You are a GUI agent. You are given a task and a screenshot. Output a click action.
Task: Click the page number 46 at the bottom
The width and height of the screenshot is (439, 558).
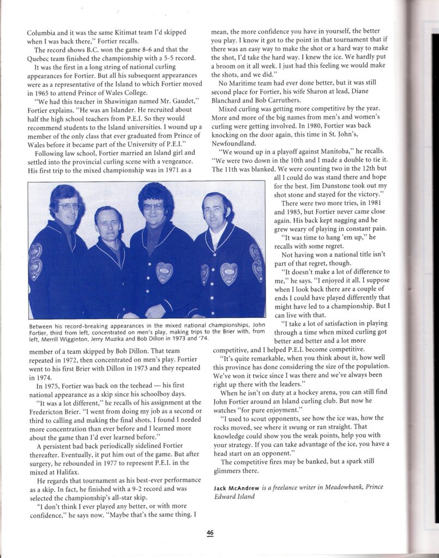[210, 533]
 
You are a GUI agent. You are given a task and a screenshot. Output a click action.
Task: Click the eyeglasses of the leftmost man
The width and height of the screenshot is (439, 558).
[69, 207]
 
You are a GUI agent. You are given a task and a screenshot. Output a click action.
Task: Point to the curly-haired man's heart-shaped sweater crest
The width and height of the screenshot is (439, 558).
[164, 272]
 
